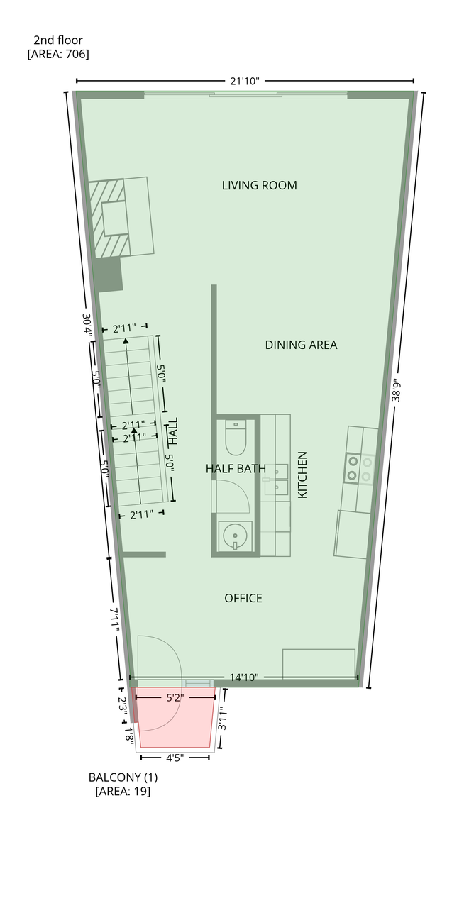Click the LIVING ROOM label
pyautogui.click(x=259, y=185)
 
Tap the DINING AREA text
pyautogui.click(x=301, y=345)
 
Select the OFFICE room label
pyautogui.click(x=243, y=598)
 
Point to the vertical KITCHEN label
pyautogui.click(x=302, y=475)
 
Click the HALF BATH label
pyautogui.click(x=236, y=469)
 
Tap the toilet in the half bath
pyautogui.click(x=236, y=438)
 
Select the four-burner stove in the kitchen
pyautogui.click(x=359, y=468)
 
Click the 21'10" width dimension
pyautogui.click(x=244, y=81)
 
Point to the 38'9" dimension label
pyautogui.click(x=396, y=389)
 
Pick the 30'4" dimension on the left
pyautogui.click(x=87, y=325)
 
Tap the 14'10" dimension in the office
pyautogui.click(x=244, y=677)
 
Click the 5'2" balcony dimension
pyautogui.click(x=175, y=697)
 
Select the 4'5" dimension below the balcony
pyautogui.click(x=175, y=758)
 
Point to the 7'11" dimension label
pyautogui.click(x=115, y=619)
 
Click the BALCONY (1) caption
pyautogui.click(x=123, y=777)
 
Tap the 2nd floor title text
pyautogui.click(x=58, y=40)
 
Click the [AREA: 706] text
pyautogui.click(x=58, y=54)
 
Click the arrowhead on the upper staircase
pyautogui.click(x=126, y=341)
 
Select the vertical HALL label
pyautogui.click(x=172, y=431)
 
